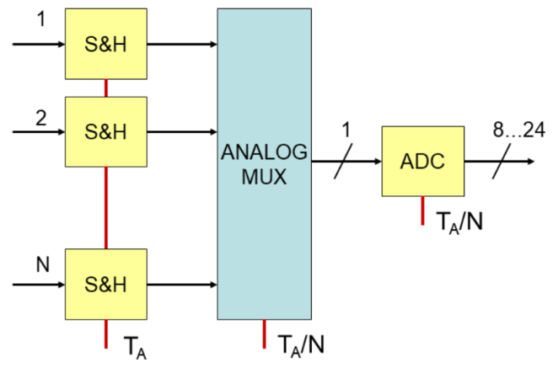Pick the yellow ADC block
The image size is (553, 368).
tap(422, 161)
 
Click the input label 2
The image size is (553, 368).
tap(40, 117)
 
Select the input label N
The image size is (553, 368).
tap(41, 266)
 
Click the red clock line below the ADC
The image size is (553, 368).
tap(422, 210)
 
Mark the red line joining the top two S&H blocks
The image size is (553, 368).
tap(105, 88)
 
